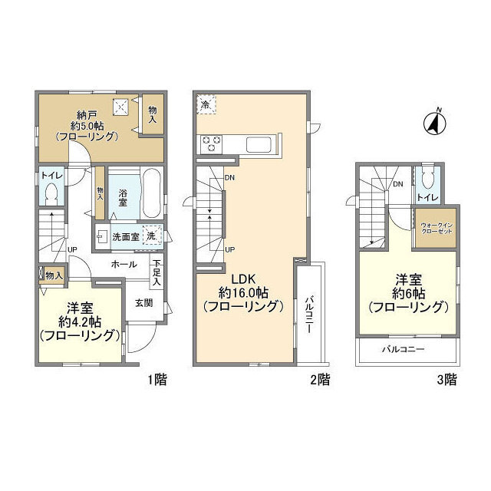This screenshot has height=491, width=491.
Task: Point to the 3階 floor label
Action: click(451, 378)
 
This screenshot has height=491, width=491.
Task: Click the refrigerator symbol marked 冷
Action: click(206, 103)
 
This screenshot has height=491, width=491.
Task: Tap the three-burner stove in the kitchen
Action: click(211, 142)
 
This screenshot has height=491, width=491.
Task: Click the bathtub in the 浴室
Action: click(150, 195)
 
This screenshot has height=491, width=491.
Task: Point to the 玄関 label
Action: click(144, 302)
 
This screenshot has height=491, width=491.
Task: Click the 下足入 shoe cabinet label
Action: click(157, 272)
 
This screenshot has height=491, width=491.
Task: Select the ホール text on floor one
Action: click(124, 264)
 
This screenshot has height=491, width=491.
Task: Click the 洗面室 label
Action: click(126, 236)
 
